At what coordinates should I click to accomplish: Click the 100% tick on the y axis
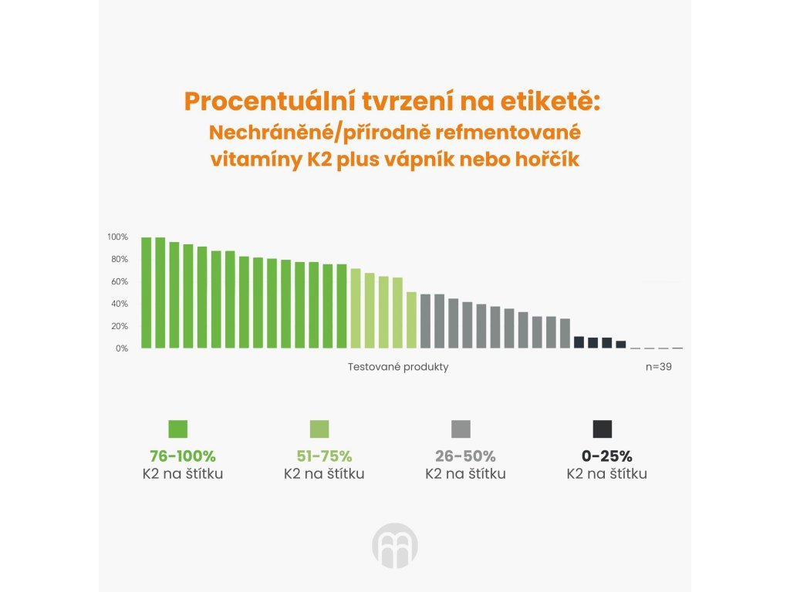click(x=117, y=237)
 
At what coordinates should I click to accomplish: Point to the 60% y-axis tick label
click(x=119, y=281)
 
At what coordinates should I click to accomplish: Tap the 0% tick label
click(x=121, y=348)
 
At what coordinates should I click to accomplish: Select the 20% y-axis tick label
click(x=119, y=326)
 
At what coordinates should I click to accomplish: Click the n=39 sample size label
click(x=658, y=367)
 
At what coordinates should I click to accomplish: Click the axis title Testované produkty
click(x=398, y=367)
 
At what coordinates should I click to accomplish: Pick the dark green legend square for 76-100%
click(x=178, y=429)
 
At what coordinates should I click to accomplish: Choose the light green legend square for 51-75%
click(x=319, y=429)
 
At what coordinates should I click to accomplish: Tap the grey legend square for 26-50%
click(x=461, y=429)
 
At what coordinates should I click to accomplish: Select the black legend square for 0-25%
click(x=602, y=429)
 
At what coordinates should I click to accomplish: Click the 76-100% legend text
click(x=183, y=456)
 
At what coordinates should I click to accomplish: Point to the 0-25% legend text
click(x=606, y=456)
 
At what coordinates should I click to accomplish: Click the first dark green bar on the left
click(x=147, y=293)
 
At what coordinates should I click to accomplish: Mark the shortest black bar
click(x=621, y=345)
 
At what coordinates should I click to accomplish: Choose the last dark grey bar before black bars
click(x=565, y=333)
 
